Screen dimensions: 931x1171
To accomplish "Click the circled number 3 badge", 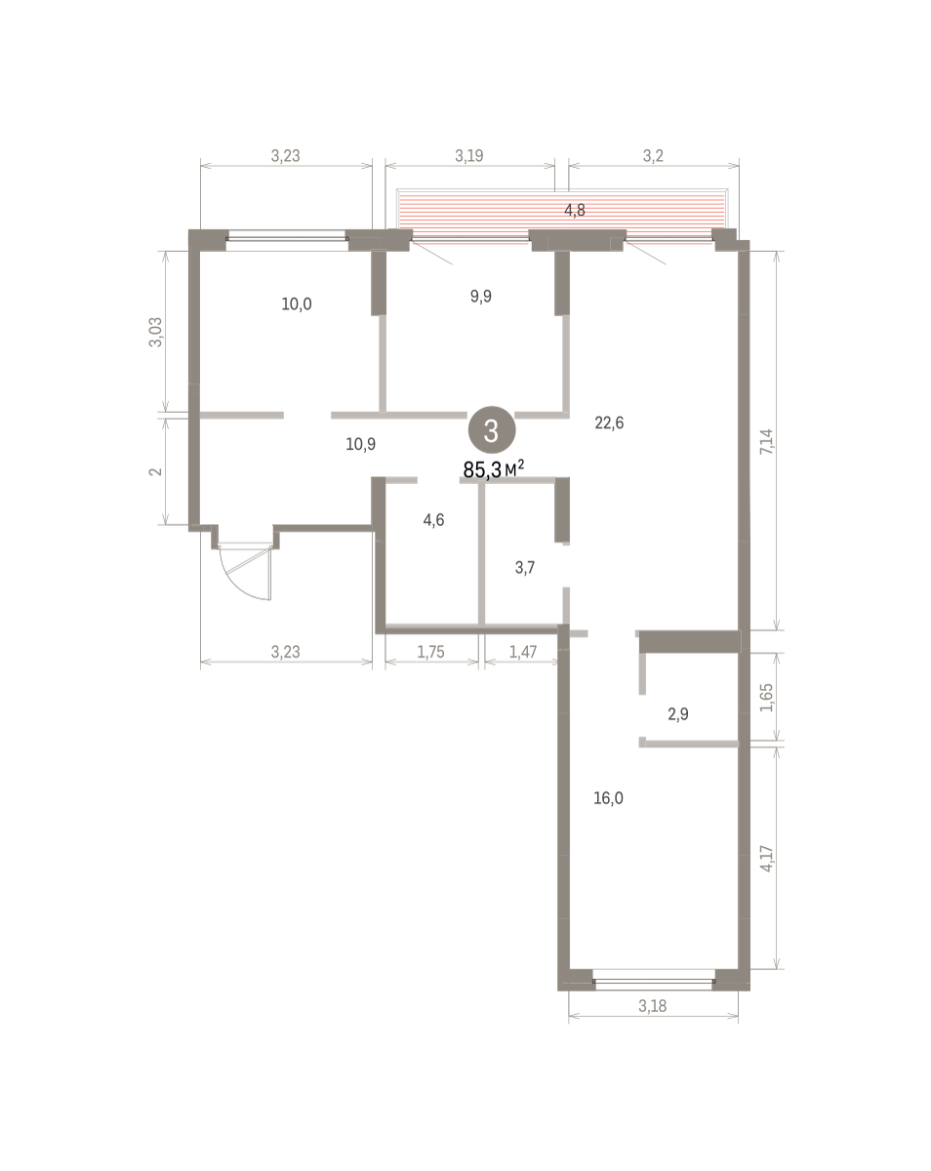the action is pos(491,430).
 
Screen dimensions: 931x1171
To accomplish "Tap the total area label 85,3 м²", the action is pos(493,468).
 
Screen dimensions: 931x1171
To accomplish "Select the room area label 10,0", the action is pos(297,303).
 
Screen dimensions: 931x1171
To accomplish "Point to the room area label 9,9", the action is pos(480,296).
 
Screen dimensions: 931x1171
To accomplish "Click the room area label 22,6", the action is pos(609,423).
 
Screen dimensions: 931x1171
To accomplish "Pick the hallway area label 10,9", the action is pos(360,444).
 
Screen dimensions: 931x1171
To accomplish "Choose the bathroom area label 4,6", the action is pos(433,520).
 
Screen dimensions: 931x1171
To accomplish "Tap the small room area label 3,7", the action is pos(524,568).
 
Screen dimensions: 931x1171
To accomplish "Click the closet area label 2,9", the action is pos(678,713).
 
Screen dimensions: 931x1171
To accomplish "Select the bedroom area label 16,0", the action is pos(608,797).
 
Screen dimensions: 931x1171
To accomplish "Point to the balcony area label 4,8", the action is pos(575,210).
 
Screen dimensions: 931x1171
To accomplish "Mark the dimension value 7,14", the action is pos(766,441).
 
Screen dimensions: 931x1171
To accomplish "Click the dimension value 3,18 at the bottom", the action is pos(652,1006).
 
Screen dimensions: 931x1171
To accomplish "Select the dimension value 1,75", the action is pos(430,651).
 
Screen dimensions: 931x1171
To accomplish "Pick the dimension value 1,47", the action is pos(522,651).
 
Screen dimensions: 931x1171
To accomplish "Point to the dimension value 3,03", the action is pos(155,332).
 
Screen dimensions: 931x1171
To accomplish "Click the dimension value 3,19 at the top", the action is pos(468,155).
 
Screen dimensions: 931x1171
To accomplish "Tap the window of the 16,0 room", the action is pos(654,981).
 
